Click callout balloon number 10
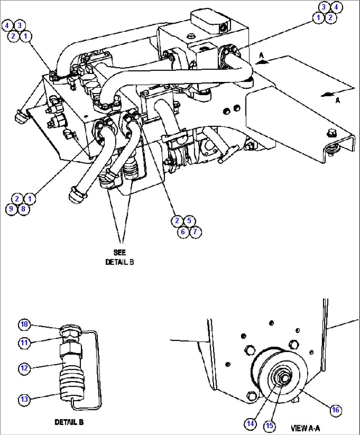point(24,324)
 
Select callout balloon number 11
point(24,343)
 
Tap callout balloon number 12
point(24,368)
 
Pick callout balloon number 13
point(24,399)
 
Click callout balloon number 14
point(250,423)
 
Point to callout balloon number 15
point(270,426)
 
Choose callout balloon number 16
point(336,410)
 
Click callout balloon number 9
point(11,209)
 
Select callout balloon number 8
point(23,209)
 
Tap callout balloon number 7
point(195,232)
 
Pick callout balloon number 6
point(183,232)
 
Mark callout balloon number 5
point(189,221)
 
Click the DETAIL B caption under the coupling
point(69,422)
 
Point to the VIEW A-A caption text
point(305,428)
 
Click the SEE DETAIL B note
point(120,257)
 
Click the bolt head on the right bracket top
point(331,133)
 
